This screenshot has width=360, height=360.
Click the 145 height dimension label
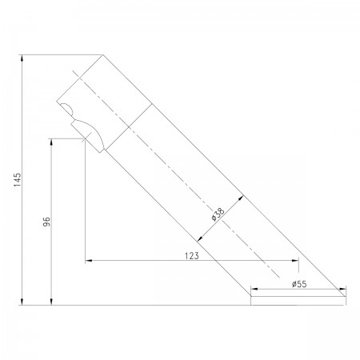(18, 179)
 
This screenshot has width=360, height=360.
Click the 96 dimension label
(46, 222)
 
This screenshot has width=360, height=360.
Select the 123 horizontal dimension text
(192, 256)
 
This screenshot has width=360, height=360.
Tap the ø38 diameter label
(218, 214)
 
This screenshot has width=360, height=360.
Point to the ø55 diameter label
(299, 284)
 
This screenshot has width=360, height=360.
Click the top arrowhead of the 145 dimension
(22, 58)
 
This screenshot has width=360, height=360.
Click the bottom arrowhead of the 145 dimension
(22, 302)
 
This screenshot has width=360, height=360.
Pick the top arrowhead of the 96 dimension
(51, 142)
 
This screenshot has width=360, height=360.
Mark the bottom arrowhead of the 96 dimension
(51, 302)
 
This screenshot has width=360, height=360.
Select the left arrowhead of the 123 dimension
(89, 260)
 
